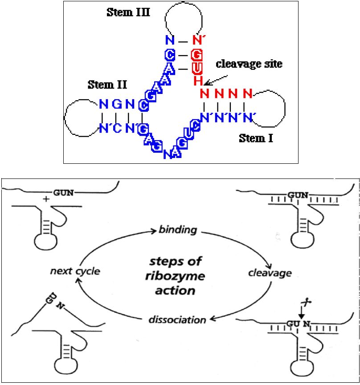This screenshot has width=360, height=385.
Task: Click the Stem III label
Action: pyautogui.click(x=128, y=12)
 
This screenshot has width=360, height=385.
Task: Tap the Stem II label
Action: pyautogui.click(x=108, y=84)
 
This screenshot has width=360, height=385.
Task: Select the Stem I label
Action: pyautogui.click(x=256, y=138)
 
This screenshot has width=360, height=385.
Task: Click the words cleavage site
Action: pyautogui.click(x=249, y=64)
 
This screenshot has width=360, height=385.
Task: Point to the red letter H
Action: pyautogui.click(x=198, y=81)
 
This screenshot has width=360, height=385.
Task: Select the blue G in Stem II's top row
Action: pyautogui.click(x=117, y=105)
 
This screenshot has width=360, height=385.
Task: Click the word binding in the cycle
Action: pyautogui.click(x=178, y=230)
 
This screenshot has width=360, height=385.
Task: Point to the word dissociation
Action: pyautogui.click(x=177, y=319)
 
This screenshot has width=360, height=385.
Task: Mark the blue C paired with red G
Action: pyautogui.click(x=169, y=55)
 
